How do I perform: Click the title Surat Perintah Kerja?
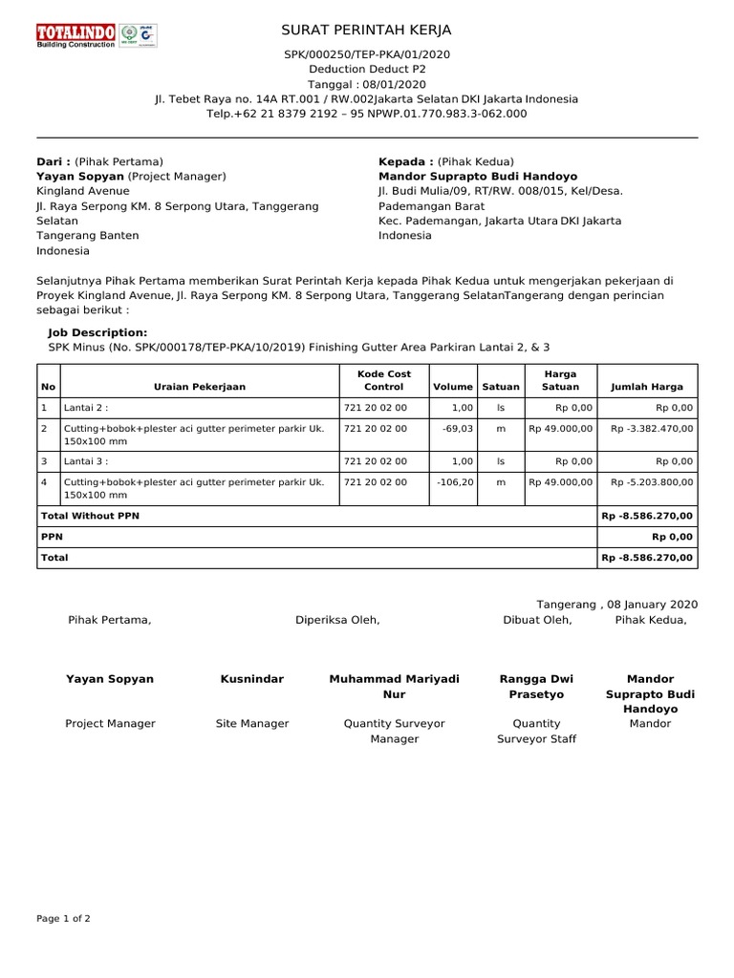[x=366, y=31]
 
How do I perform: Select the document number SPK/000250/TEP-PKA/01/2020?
[x=366, y=54]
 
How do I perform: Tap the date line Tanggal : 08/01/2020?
[x=366, y=84]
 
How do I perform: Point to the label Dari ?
[x=54, y=161]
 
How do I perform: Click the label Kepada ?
[x=406, y=161]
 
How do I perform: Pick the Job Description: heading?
[x=97, y=332]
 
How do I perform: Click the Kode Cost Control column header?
[x=383, y=380]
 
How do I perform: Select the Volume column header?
[x=453, y=387]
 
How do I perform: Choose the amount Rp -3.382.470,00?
[x=651, y=429]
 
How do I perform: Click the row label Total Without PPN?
[x=90, y=516]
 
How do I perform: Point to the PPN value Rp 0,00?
[x=672, y=537]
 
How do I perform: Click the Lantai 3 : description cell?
[x=86, y=461]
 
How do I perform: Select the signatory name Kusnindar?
[x=251, y=679]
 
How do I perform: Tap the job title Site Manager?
[x=251, y=724]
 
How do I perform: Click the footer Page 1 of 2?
[x=63, y=919]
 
